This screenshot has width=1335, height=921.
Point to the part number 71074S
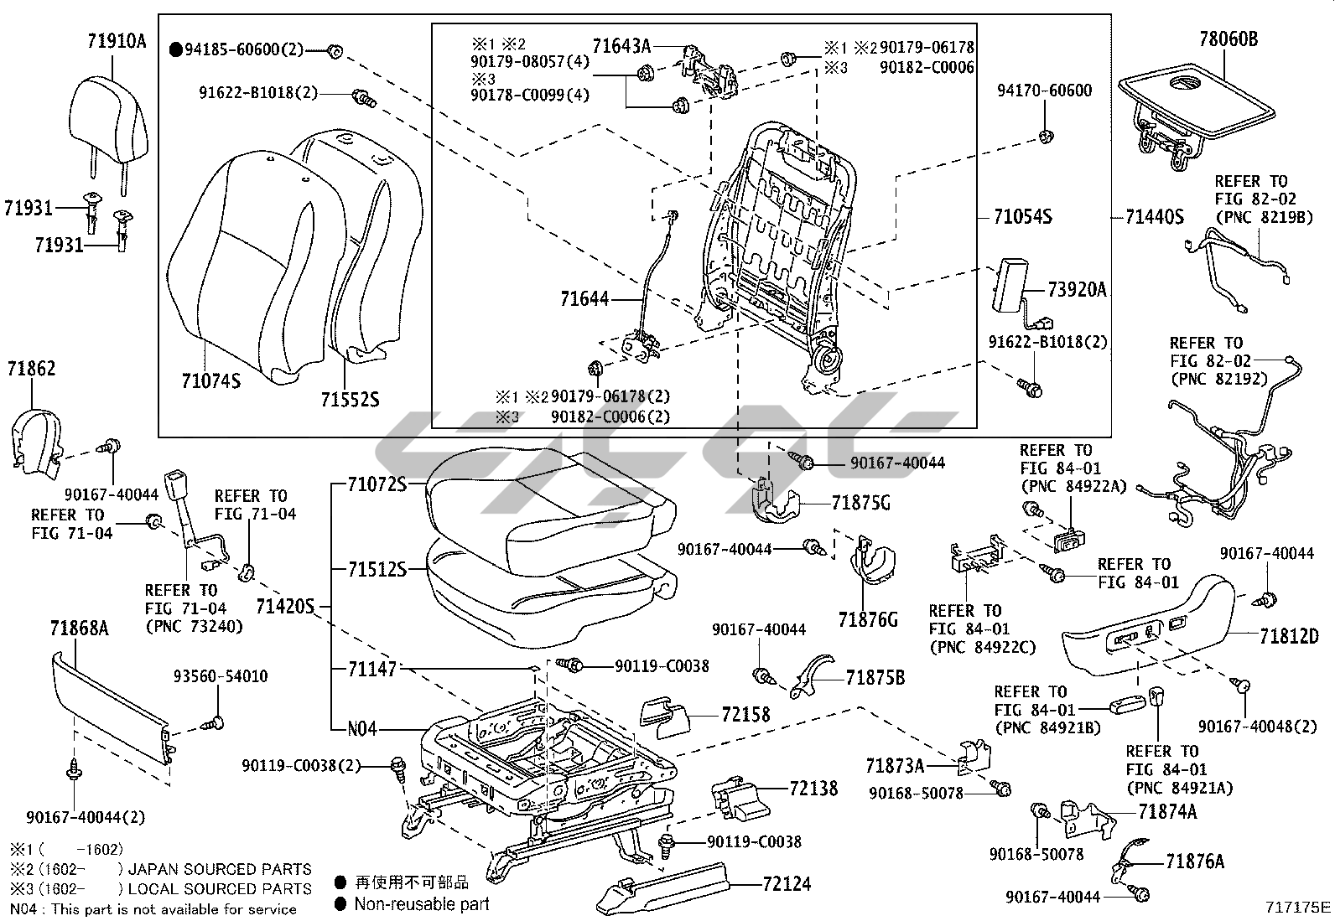click(x=210, y=381)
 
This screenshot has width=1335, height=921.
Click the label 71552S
click(x=349, y=399)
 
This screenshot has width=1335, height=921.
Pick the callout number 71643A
click(x=621, y=45)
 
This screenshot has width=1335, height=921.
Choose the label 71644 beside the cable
click(x=585, y=298)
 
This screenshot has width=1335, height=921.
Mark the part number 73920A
click(x=1077, y=290)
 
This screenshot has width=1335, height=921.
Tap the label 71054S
click(x=1022, y=217)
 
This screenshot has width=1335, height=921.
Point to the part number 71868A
click(x=79, y=628)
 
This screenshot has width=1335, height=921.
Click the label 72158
click(x=745, y=715)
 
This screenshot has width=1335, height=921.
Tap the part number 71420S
click(x=284, y=605)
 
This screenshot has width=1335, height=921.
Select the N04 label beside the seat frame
click(x=362, y=728)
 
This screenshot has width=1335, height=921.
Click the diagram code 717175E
click(x=1298, y=907)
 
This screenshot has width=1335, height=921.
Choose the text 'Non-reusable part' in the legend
click(x=421, y=903)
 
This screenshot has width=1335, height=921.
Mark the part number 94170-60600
click(x=1044, y=91)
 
